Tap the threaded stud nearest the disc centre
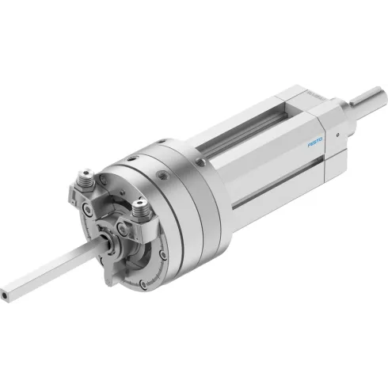141,210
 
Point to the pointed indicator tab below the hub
119,273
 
